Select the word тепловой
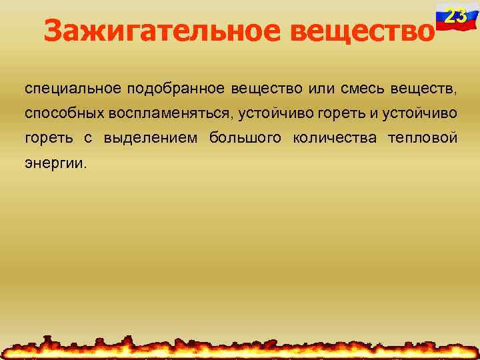[424, 138]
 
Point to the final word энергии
[56, 163]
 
